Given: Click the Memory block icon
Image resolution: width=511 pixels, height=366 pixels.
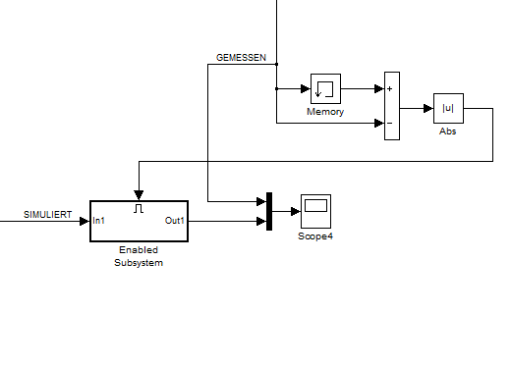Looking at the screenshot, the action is click(x=325, y=88).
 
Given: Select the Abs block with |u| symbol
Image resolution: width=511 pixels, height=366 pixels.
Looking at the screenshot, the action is click(x=448, y=108).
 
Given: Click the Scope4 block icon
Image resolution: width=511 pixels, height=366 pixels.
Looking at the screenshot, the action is click(x=315, y=211).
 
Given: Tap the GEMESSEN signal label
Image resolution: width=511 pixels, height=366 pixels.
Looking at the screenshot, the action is click(x=241, y=58).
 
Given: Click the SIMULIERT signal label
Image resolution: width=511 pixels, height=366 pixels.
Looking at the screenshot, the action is click(x=47, y=215).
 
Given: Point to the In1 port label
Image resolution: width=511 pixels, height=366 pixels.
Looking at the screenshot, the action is click(x=98, y=221).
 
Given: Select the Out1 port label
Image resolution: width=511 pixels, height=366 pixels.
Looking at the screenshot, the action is click(x=175, y=221).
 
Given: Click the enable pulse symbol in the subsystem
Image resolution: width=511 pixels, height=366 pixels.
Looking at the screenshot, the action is click(x=139, y=208).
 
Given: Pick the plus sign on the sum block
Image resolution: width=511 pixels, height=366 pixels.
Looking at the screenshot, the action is click(x=389, y=88).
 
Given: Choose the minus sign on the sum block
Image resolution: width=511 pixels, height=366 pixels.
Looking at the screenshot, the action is click(x=389, y=123).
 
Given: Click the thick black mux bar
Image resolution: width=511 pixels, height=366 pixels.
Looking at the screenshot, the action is click(x=269, y=211).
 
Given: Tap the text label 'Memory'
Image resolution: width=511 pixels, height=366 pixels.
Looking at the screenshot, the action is click(x=325, y=112).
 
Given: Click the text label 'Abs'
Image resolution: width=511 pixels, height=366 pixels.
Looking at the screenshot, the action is click(x=448, y=131).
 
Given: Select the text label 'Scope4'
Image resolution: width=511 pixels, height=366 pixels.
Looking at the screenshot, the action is click(x=315, y=236).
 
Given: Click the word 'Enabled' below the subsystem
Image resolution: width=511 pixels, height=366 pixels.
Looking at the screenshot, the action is click(x=139, y=250).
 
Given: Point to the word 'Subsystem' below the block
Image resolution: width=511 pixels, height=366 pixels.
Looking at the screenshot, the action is click(x=139, y=263).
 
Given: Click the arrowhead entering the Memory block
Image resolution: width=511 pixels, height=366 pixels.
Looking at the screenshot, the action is click(x=306, y=88).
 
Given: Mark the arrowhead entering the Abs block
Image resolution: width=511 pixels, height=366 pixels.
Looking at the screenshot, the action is click(x=428, y=108).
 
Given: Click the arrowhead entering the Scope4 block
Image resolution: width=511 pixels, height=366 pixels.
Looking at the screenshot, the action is click(x=296, y=211).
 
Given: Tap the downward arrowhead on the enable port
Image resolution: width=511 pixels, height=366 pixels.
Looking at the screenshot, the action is click(x=139, y=195).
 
